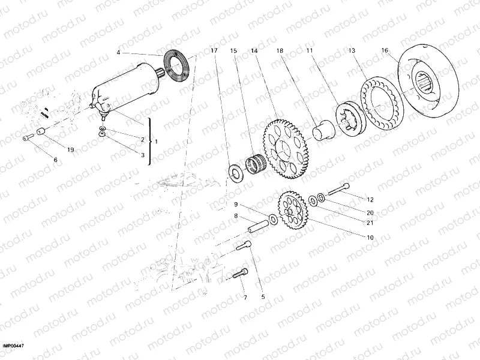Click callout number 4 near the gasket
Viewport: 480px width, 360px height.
tap(119, 53)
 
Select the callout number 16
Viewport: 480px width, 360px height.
tap(384, 52)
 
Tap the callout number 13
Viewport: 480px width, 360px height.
tap(352, 52)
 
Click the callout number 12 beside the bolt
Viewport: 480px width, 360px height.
tap(370, 199)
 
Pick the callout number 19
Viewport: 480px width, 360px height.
tap(70, 149)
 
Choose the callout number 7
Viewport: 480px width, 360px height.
tap(244, 297)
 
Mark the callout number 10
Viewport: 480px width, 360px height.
tap(370, 238)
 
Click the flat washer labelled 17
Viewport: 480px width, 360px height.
tap(235, 171)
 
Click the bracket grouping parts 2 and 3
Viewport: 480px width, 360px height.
tap(149, 142)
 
